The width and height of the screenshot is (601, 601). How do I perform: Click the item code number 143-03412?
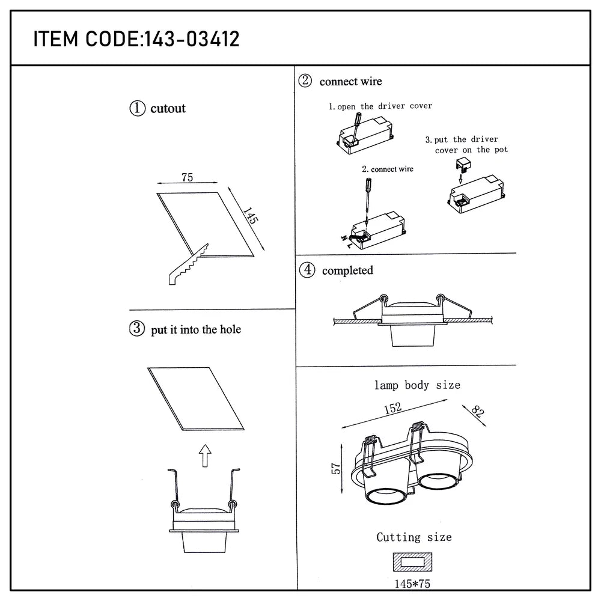pyautogui.click(x=190, y=39)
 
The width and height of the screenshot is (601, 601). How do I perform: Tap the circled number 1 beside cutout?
pyautogui.click(x=137, y=108)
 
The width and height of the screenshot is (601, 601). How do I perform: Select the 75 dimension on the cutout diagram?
pyautogui.click(x=187, y=177)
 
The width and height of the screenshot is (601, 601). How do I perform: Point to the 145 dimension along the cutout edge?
pyautogui.click(x=251, y=216)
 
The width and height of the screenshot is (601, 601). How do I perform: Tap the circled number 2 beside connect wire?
pyautogui.click(x=305, y=81)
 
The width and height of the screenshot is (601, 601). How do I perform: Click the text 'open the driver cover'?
pyautogui.click(x=385, y=106)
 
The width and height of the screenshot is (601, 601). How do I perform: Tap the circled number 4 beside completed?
pyautogui.click(x=307, y=270)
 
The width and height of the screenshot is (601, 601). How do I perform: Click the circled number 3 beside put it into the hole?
pyautogui.click(x=137, y=329)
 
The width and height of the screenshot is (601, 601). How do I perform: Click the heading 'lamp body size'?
pyautogui.click(x=417, y=385)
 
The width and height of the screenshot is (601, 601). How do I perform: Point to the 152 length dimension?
pyautogui.click(x=392, y=408)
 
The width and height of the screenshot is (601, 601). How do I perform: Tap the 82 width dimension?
pyautogui.click(x=477, y=412)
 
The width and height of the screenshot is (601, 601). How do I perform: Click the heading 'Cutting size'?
pyautogui.click(x=413, y=537)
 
